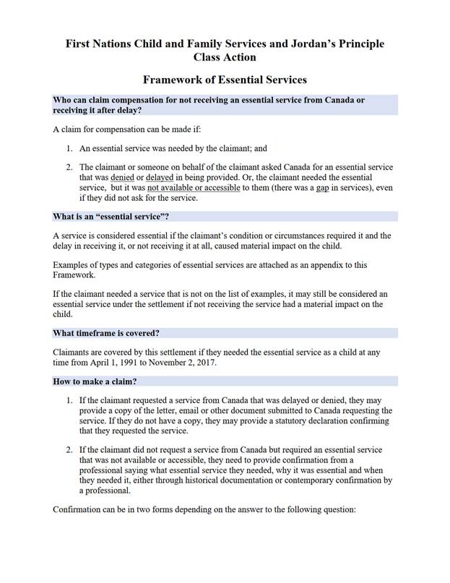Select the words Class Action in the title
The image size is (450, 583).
point(225,57)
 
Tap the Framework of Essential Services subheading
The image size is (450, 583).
point(225,79)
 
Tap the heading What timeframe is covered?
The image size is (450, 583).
point(106,333)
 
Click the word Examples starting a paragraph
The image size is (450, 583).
point(73,265)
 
